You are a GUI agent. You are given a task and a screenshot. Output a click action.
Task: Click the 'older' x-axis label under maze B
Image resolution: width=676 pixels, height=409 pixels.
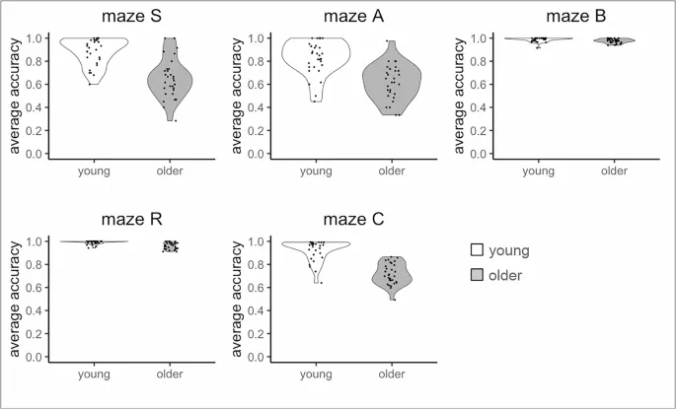614,170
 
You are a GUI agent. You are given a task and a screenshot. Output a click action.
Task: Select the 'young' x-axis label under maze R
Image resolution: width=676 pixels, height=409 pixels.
95,374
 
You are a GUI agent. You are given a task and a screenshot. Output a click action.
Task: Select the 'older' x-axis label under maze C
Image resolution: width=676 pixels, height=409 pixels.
393,374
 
